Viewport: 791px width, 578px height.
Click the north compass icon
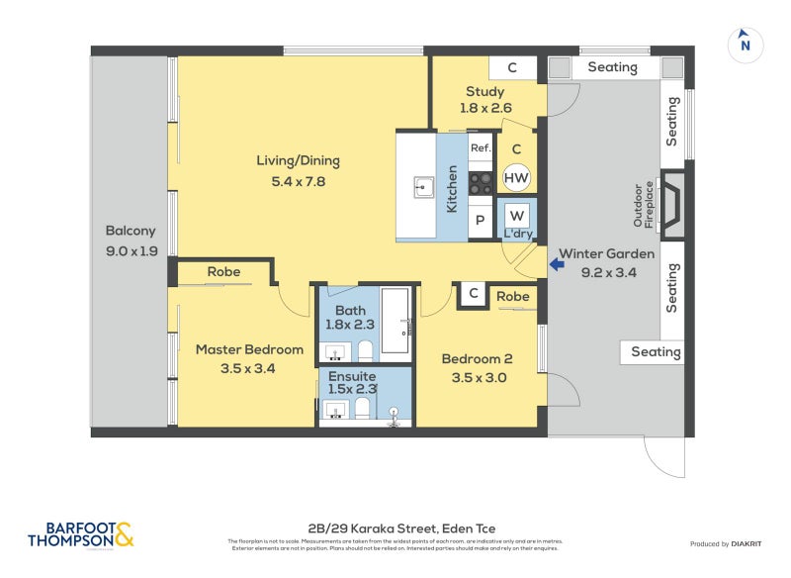tap(746, 44)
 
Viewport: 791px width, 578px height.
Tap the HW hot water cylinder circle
tap(515, 178)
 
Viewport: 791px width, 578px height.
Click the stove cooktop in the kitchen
tap(481, 182)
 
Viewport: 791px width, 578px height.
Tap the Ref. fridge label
tap(481, 148)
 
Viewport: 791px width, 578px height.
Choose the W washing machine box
tap(516, 215)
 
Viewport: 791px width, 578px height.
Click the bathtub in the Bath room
tap(395, 321)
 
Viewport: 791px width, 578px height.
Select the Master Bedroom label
tap(248, 349)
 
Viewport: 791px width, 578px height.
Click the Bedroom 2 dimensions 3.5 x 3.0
tap(475, 377)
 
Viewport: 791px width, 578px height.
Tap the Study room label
tap(484, 92)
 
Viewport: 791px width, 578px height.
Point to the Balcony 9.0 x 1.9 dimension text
tap(132, 251)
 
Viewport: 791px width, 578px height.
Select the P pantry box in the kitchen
tap(481, 222)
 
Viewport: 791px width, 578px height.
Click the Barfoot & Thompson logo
tap(79, 534)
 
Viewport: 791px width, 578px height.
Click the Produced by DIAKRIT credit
tap(730, 544)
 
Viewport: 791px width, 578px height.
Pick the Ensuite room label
tap(352, 377)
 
